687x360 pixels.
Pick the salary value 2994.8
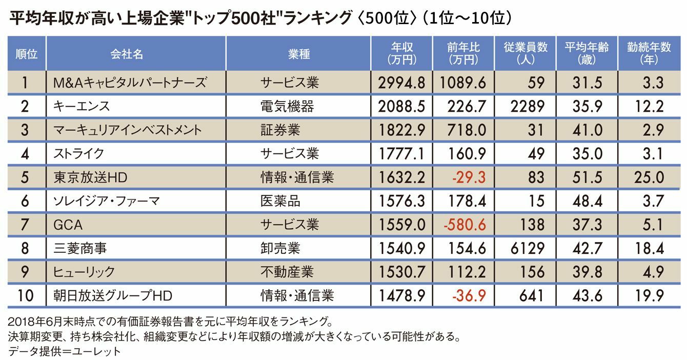(401, 83)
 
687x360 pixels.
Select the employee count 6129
(528, 248)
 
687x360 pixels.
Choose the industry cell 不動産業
(287, 272)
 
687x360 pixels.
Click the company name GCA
(68, 225)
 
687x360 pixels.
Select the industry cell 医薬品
(280, 201)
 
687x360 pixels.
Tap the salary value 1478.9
(401, 296)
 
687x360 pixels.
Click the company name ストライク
(78, 153)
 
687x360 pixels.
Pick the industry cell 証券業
(280, 130)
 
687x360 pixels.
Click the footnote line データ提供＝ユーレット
(65, 351)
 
